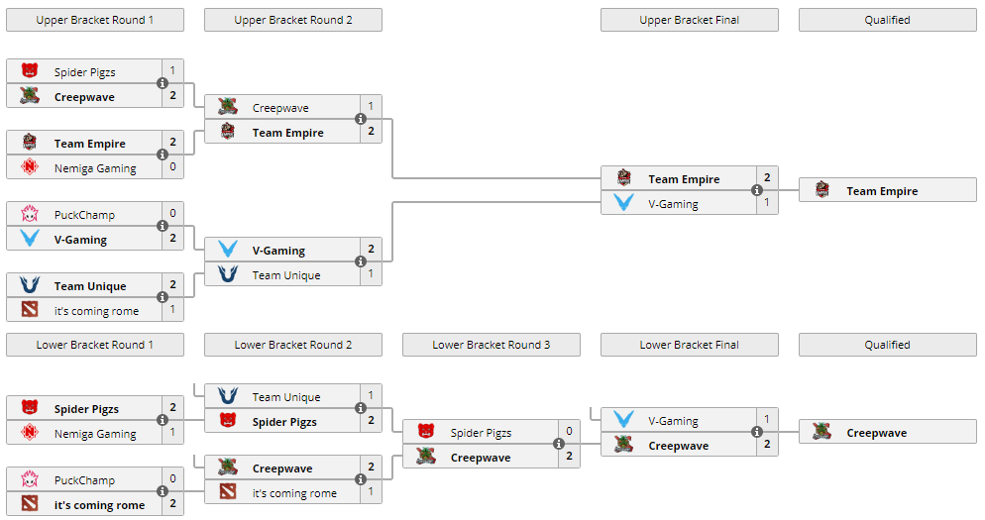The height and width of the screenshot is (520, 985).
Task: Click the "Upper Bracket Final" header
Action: [689, 20]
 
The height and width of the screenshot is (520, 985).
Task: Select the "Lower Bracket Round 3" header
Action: [491, 345]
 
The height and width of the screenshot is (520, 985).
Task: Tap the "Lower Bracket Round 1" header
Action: [94, 345]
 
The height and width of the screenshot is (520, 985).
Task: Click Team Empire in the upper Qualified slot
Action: [882, 191]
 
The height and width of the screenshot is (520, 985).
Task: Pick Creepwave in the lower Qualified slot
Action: [876, 433]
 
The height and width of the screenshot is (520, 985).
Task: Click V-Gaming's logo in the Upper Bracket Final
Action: [623, 204]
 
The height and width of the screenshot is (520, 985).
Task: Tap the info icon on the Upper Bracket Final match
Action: [757, 191]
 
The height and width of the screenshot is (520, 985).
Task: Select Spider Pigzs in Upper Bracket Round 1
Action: [84, 71]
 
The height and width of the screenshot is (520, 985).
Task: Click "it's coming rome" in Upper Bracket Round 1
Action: [96, 311]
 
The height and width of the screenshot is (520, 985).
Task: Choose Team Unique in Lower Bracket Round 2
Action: [285, 397]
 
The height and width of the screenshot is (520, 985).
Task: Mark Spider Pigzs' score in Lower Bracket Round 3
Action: [569, 433]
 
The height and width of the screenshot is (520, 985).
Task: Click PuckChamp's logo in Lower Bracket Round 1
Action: [29, 480]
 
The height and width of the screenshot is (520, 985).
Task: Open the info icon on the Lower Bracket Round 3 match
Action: [559, 445]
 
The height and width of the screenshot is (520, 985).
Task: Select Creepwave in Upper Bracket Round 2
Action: [280, 108]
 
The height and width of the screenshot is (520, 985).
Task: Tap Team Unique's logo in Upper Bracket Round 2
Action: [227, 275]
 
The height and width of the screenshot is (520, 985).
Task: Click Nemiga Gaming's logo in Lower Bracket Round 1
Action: [29, 434]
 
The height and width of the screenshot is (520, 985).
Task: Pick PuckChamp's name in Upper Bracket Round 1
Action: [84, 215]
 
